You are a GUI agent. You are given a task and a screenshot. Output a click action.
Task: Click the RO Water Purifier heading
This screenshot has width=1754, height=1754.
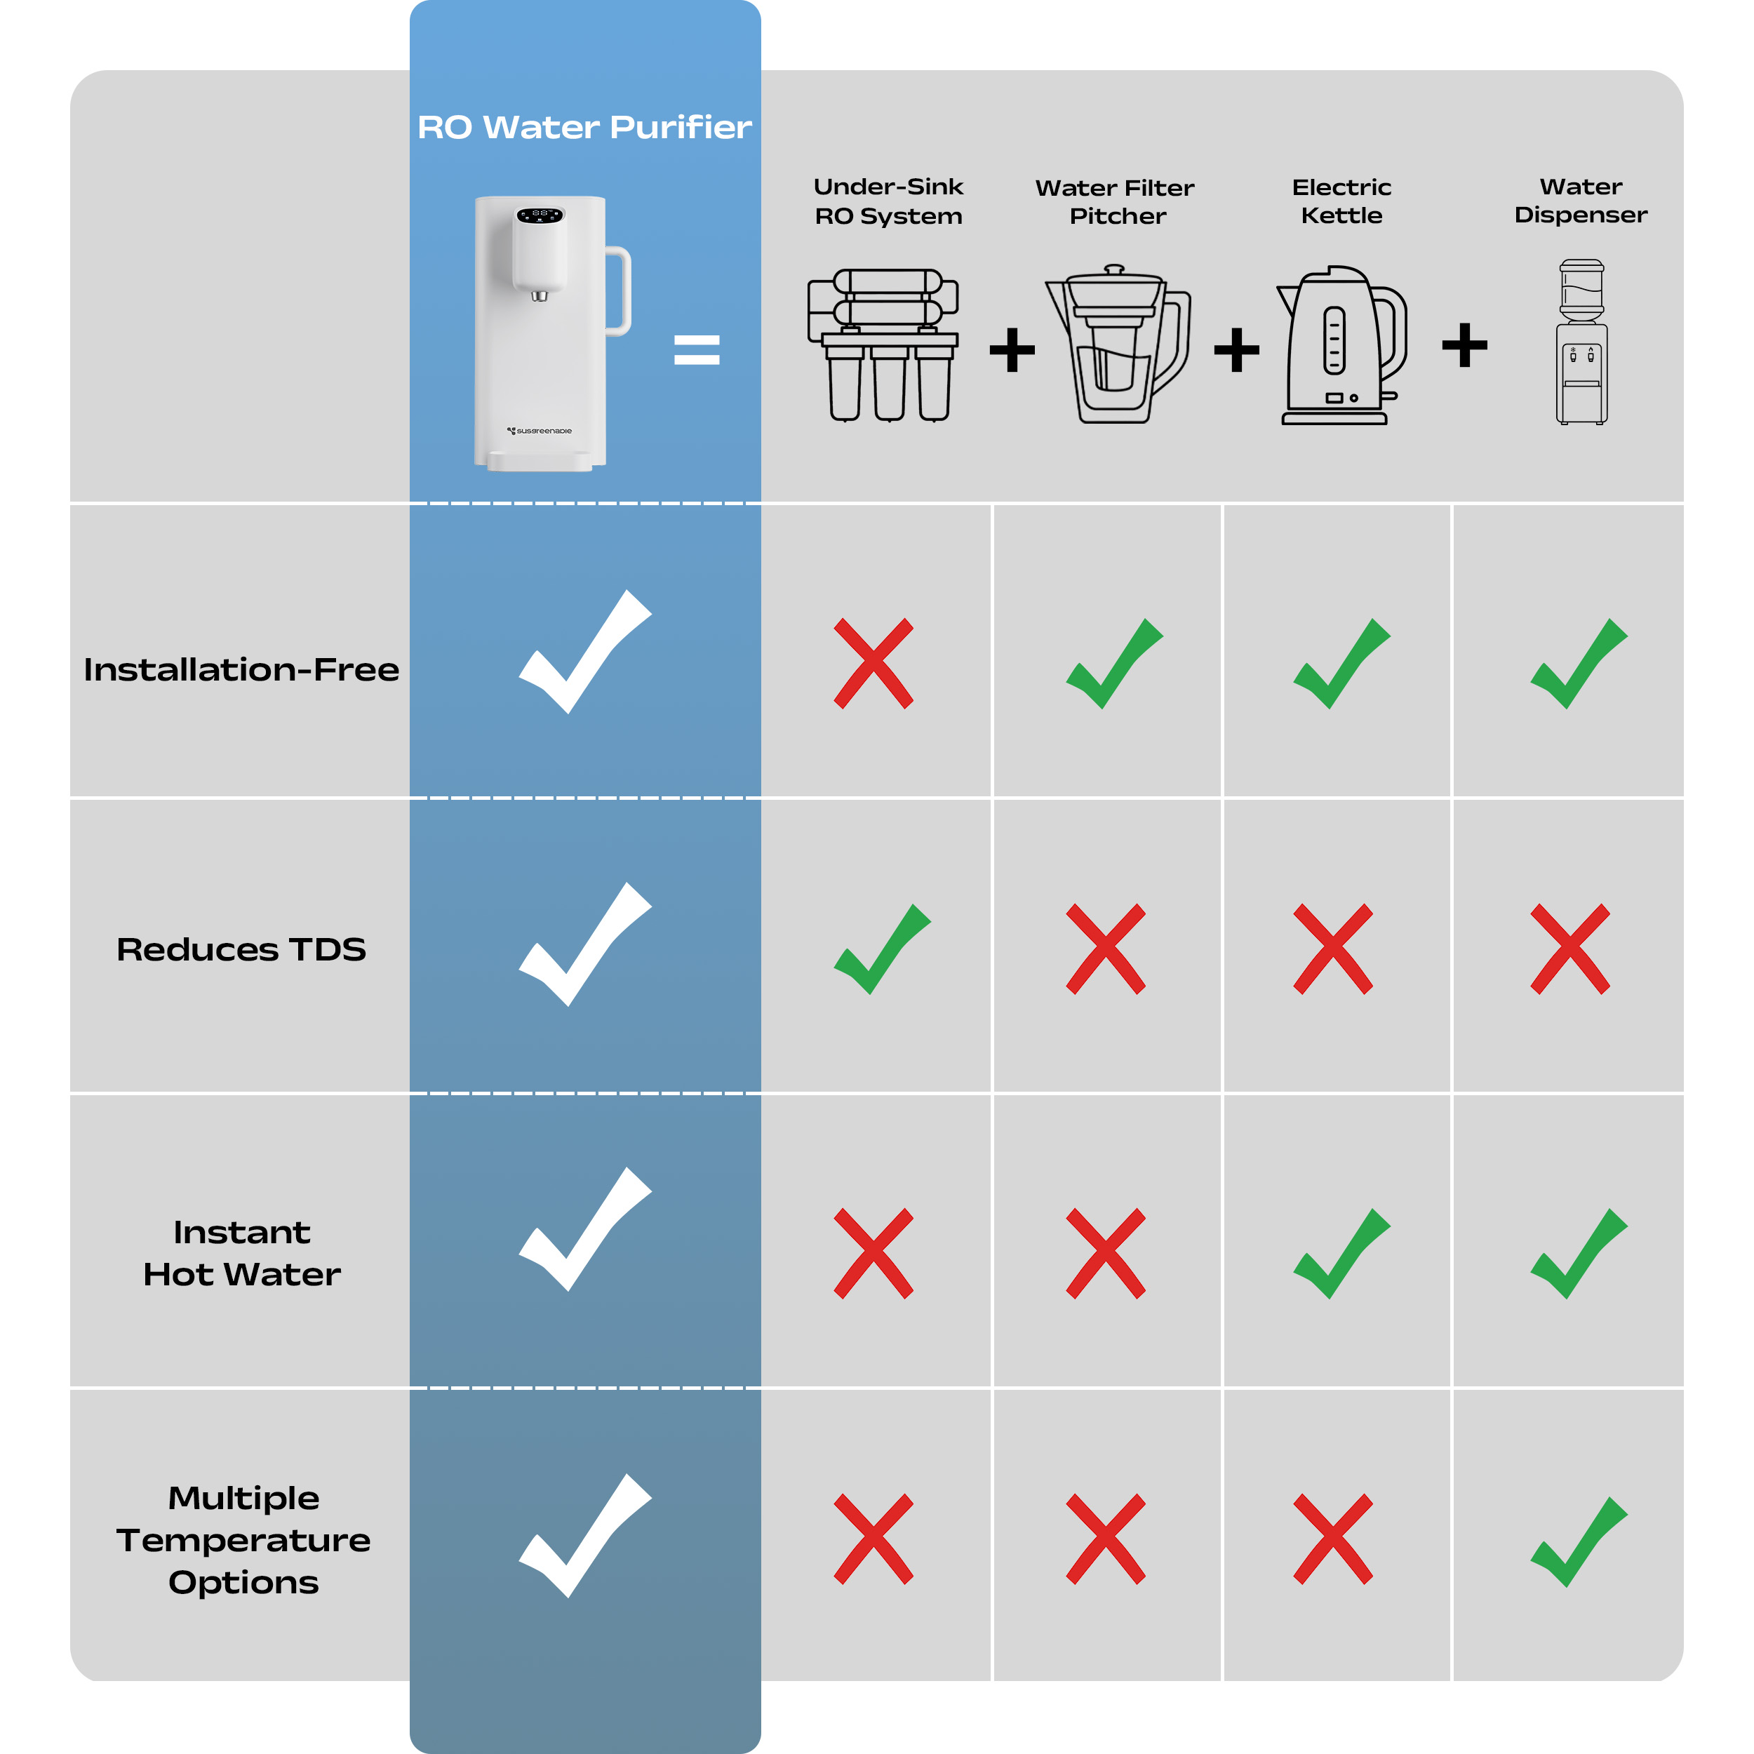tap(584, 127)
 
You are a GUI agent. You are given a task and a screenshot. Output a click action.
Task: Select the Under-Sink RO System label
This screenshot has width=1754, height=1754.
tap(888, 201)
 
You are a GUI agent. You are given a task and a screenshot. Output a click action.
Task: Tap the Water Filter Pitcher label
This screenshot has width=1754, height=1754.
tap(1115, 201)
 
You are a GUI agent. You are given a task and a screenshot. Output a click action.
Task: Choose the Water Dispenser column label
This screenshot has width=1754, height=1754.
tap(1581, 201)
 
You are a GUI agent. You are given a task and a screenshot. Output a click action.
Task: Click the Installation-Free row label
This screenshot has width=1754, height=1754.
tap(241, 669)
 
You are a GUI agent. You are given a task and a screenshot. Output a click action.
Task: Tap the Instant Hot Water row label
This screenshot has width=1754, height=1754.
tap(242, 1253)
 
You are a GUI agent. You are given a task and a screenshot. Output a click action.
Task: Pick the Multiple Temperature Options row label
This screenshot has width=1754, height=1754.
tap(243, 1540)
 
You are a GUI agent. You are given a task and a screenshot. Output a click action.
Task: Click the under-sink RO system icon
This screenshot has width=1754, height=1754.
tap(883, 345)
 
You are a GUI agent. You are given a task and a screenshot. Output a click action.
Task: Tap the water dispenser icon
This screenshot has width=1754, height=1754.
tap(1581, 342)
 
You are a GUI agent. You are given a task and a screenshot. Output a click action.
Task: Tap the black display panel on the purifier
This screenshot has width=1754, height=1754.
tap(540, 215)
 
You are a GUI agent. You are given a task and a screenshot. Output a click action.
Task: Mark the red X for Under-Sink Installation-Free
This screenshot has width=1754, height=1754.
tap(873, 664)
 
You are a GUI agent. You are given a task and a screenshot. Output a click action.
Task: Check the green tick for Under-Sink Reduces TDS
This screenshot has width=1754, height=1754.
tap(881, 949)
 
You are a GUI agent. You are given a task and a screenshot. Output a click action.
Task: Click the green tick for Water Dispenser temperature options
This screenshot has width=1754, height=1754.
tap(1579, 1541)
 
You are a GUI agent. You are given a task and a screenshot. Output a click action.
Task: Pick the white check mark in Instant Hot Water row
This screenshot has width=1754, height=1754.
tap(584, 1229)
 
